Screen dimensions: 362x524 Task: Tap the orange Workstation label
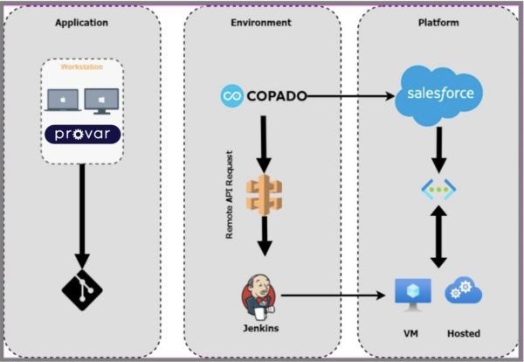point(81,66)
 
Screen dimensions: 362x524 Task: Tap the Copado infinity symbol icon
point(232,95)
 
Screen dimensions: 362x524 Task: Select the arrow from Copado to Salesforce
point(349,95)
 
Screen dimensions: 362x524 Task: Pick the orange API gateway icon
point(264,195)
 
